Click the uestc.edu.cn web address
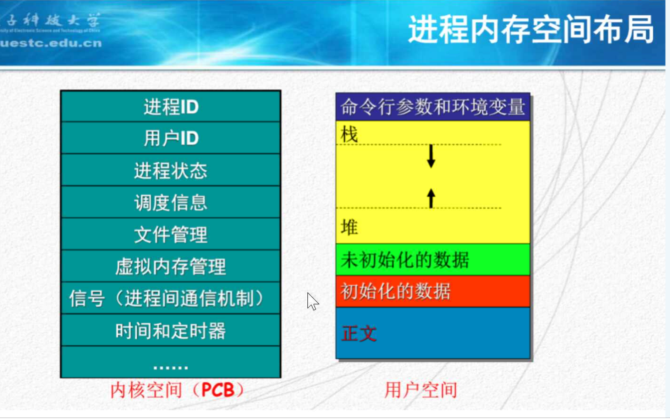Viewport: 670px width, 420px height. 51,43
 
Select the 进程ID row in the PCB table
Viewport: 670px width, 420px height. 171,107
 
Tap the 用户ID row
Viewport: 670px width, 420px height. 171,138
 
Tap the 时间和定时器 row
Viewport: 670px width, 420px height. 171,330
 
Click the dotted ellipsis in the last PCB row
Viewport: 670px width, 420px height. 171,367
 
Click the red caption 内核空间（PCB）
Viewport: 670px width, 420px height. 177,390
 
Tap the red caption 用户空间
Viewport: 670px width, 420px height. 421,390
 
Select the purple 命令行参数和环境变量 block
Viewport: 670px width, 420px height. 433,107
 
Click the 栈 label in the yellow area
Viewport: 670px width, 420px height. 349,134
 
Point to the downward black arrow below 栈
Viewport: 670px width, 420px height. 431,156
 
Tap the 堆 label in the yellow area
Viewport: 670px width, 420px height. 349,227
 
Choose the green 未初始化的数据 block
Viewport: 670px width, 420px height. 433,260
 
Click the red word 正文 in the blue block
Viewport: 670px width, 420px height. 359,334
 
